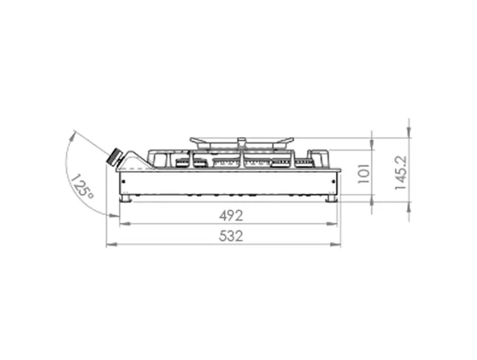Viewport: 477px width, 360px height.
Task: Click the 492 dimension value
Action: (x=231, y=216)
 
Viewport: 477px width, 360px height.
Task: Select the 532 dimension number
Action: (x=231, y=236)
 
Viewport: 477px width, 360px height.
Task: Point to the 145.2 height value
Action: (x=401, y=173)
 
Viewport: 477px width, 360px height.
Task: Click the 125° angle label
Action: (x=81, y=186)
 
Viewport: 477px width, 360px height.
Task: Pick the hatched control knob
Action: (x=114, y=157)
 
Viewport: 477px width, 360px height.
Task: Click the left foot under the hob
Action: (x=125, y=199)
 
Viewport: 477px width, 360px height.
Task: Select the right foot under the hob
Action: (x=332, y=199)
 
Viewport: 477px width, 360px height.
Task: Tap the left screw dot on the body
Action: (x=123, y=182)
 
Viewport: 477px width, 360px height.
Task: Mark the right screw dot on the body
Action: (x=334, y=182)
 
